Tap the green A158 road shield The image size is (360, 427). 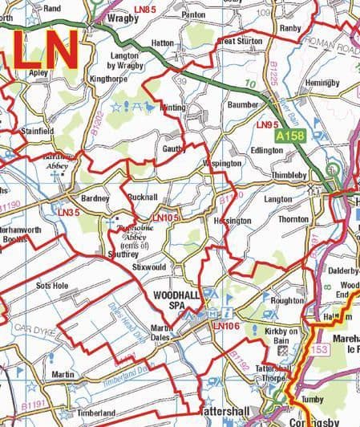pyautogui.click(x=290, y=137)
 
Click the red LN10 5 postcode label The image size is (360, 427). pyautogui.click(x=165, y=218)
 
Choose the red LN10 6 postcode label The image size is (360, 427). pyautogui.click(x=226, y=326)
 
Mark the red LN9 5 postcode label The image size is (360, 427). pyautogui.click(x=267, y=124)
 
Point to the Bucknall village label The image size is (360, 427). pyautogui.click(x=141, y=197)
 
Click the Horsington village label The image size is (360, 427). pyautogui.click(x=233, y=220)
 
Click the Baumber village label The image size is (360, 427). pyautogui.click(x=243, y=105)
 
